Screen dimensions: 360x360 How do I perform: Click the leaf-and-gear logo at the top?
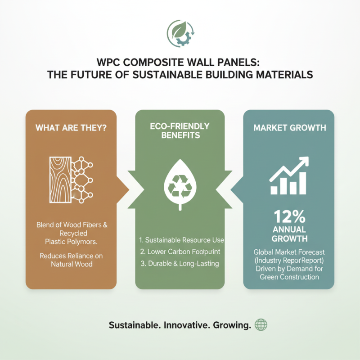pyautogui.click(x=180, y=33)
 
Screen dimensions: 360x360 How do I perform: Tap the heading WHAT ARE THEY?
pyautogui.click(x=71, y=128)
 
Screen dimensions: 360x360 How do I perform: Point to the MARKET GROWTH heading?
pyautogui.click(x=289, y=128)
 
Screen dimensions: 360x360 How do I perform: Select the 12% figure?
pyautogui.click(x=289, y=218)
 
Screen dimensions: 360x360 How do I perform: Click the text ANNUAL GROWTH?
pyautogui.click(x=289, y=234)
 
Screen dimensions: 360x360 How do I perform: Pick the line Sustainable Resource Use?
pyautogui.click(x=182, y=239)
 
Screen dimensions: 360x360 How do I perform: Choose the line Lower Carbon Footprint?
pyautogui.click(x=182, y=251)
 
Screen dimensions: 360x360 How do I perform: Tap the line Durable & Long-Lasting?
pyautogui.click(x=180, y=263)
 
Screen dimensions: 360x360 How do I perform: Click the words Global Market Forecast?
pyautogui.click(x=289, y=252)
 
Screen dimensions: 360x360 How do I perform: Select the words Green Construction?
pyautogui.click(x=289, y=277)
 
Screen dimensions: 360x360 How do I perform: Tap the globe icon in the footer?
pyautogui.click(x=261, y=325)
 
